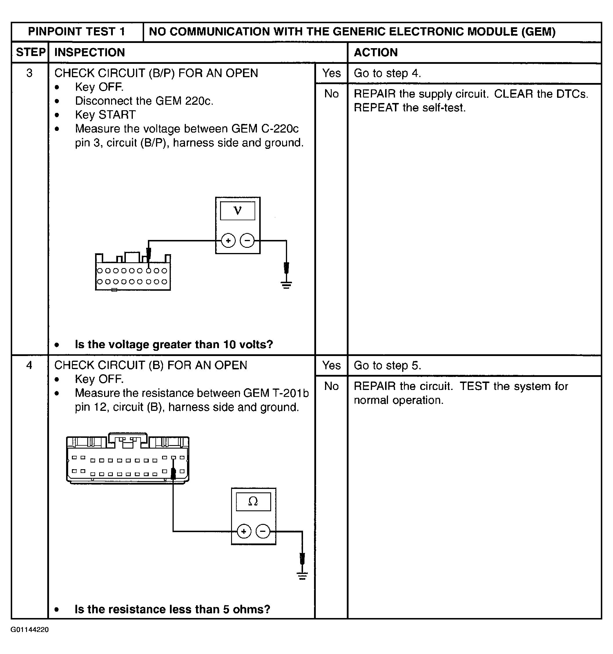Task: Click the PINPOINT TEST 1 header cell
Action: click(x=77, y=32)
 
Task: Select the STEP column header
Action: click(x=30, y=52)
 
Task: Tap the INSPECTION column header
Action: click(x=89, y=52)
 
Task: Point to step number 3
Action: click(x=29, y=73)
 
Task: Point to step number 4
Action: click(x=29, y=365)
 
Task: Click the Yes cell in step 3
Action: click(x=331, y=73)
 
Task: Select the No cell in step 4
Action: click(x=331, y=386)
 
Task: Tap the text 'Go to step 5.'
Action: click(x=387, y=366)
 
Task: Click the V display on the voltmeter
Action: click(x=237, y=211)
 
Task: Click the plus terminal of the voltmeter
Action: click(x=228, y=241)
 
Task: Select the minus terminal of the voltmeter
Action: click(x=247, y=241)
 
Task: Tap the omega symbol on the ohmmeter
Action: click(x=253, y=501)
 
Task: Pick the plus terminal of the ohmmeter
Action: click(x=244, y=531)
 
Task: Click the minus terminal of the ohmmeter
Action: click(x=263, y=531)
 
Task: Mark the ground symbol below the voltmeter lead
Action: click(x=286, y=285)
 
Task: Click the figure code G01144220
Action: click(x=30, y=630)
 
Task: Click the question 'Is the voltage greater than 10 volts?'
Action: click(x=174, y=344)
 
